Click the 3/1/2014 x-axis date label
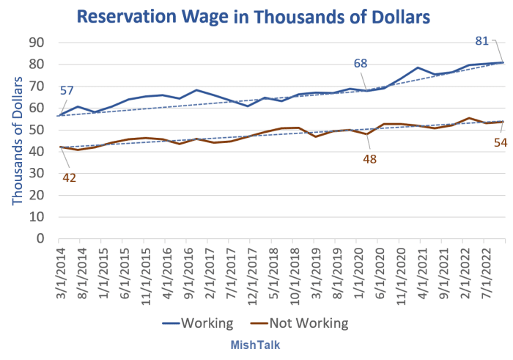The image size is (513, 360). tap(60, 271)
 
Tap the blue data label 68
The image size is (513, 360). tap(361, 64)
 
